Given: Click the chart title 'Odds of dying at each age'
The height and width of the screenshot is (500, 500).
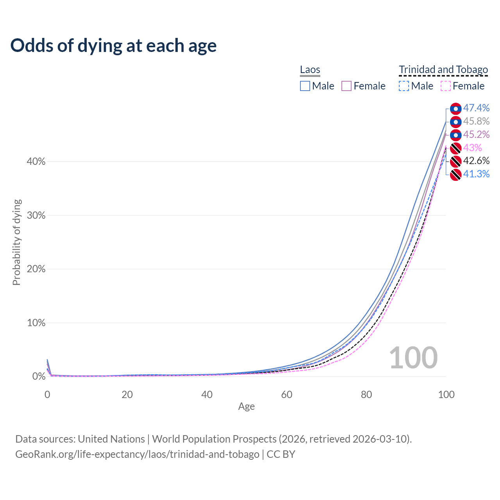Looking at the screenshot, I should [113, 46].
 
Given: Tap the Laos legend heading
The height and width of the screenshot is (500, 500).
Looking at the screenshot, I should [310, 70].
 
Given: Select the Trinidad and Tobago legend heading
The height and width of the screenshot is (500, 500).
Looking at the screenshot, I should [443, 70].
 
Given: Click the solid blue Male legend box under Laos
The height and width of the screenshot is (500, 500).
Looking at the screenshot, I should [305, 86].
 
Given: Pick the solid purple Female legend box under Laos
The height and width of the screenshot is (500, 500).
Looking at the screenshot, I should [346, 86].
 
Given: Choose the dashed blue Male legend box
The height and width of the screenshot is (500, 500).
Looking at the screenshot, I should [404, 86].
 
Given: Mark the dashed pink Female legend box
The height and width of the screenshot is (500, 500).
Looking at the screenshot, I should [446, 86].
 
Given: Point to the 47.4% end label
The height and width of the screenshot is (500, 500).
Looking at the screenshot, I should [476, 108].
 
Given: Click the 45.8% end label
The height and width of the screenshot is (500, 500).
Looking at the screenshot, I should [476, 121].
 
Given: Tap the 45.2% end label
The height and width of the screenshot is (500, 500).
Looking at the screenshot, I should [476, 135].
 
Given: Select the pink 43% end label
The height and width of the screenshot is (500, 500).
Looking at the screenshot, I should [473, 148].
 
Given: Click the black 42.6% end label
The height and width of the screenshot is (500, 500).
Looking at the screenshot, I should [476, 161].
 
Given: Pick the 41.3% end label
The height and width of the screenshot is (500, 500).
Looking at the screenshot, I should [476, 174].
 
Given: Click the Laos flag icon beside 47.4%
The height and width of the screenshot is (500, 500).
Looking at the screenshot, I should [455, 109].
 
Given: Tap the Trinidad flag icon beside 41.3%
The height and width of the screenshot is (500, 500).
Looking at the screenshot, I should [455, 175].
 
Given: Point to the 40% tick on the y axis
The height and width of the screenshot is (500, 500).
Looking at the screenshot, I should [36, 162].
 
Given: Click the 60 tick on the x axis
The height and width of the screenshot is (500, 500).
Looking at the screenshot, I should [287, 395].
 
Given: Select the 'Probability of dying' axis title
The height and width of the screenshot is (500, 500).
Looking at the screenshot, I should [16, 242].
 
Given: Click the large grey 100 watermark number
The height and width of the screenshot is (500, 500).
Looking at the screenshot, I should [413, 358].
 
